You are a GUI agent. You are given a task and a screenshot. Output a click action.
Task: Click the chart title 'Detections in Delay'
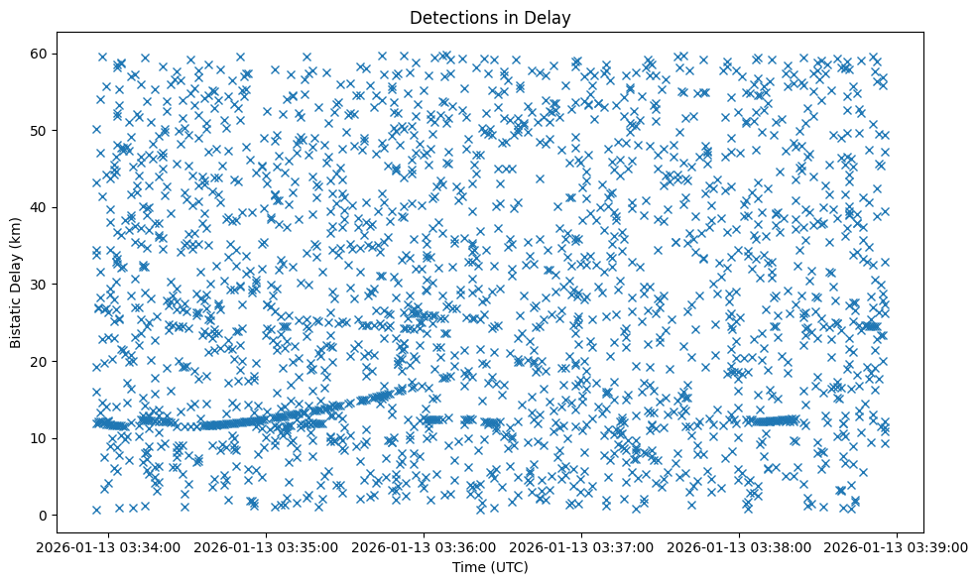[490, 18]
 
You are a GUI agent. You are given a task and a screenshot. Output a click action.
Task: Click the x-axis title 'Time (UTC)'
[490, 567]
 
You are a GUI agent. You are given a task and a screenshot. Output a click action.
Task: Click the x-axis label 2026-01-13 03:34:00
[110, 546]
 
